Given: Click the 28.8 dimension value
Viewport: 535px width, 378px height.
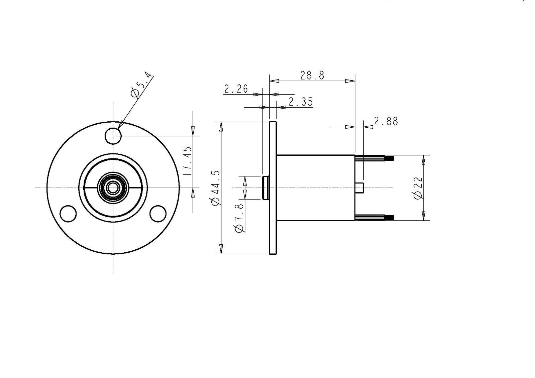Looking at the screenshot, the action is (x=312, y=75).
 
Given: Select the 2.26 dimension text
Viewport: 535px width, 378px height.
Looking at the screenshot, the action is (x=236, y=89).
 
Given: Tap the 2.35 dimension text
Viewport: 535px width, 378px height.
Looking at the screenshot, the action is (x=301, y=102).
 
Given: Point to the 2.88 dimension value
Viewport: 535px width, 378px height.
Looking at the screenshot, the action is (x=386, y=121).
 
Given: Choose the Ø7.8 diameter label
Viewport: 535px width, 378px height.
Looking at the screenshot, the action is (x=239, y=218).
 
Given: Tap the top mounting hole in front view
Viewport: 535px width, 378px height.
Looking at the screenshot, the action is (x=113, y=136).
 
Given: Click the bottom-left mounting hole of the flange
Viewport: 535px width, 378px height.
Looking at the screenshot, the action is (x=68, y=214).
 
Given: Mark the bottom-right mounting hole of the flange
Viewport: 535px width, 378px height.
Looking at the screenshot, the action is (x=158, y=214).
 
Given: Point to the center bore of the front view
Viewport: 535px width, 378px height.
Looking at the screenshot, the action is (x=113, y=188).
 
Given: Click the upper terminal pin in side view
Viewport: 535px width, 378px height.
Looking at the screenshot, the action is (x=374, y=158).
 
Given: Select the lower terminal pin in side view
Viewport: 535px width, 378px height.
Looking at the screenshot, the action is (x=374, y=217).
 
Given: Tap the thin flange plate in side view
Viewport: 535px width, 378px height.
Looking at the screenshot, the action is (x=273, y=188).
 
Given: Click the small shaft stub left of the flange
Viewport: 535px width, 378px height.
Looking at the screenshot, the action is (x=266, y=188).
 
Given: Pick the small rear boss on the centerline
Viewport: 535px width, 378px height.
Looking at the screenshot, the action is (x=359, y=188).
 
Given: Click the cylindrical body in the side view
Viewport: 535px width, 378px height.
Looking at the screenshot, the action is (x=316, y=188).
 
